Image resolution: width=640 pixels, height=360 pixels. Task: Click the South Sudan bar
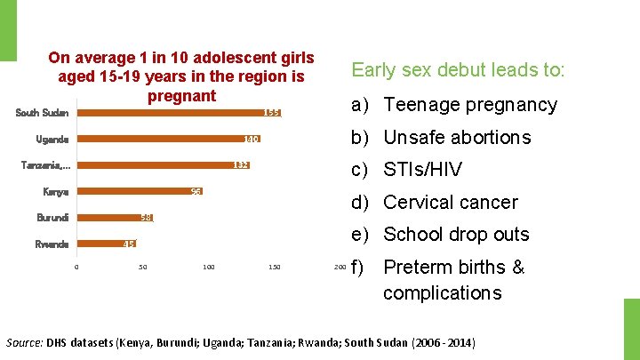click(178, 113)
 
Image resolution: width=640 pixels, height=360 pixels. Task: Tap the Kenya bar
click(139, 192)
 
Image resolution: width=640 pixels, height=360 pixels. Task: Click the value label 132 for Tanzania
click(240, 165)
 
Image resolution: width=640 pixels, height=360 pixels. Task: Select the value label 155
click(272, 113)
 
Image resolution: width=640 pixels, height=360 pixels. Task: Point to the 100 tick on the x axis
click(208, 267)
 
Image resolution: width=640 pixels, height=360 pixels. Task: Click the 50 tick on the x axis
click(142, 267)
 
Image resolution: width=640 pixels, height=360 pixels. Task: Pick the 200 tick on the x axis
click(339, 267)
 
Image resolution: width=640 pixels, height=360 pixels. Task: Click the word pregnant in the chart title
click(181, 95)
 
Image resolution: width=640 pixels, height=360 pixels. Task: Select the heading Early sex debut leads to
click(458, 69)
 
